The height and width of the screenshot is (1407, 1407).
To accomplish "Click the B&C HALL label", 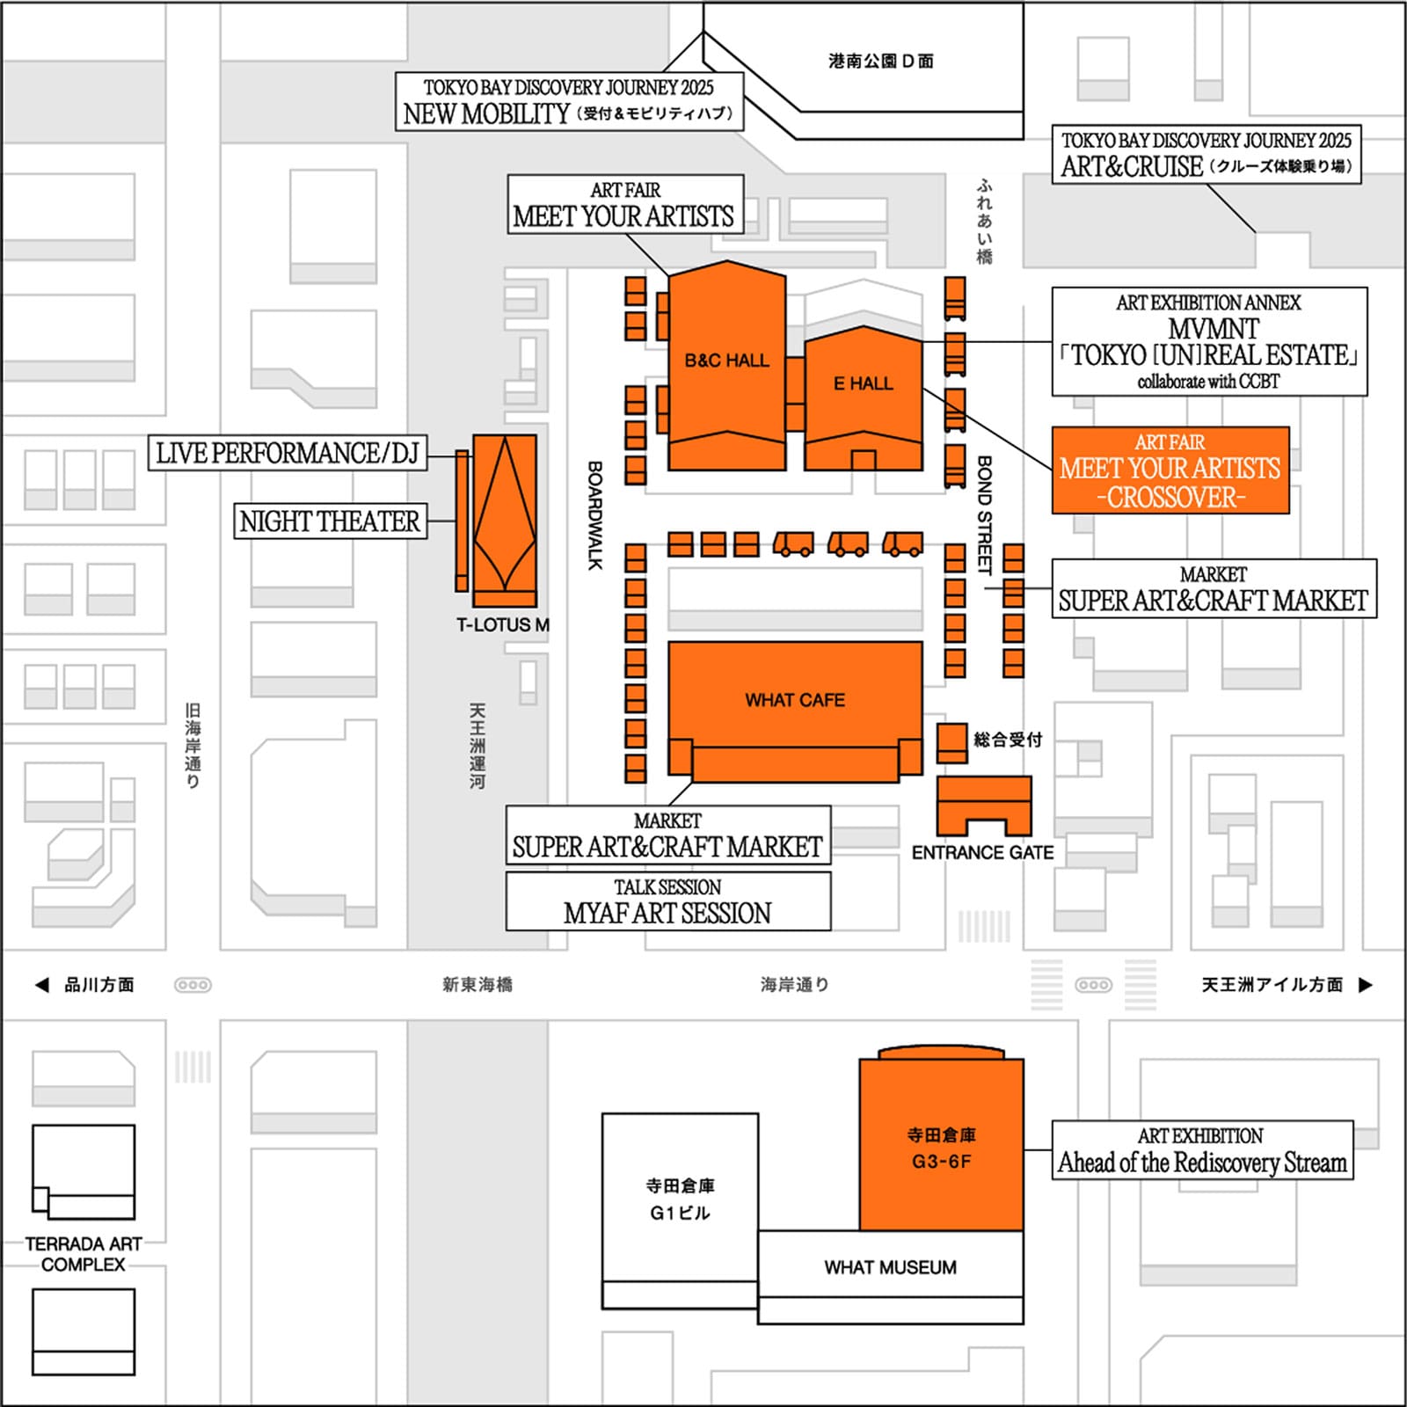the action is (x=726, y=361).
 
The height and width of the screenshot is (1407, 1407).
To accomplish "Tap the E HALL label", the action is (x=863, y=383).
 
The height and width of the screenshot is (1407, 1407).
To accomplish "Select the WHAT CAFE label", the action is (x=795, y=700).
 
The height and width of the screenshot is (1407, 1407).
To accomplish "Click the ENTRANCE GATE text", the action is (x=982, y=853).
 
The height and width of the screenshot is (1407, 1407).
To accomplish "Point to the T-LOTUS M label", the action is (x=503, y=625).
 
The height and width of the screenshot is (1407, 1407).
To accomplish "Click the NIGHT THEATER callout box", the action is (x=330, y=521).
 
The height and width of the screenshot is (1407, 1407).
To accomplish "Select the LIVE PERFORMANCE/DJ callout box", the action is (x=288, y=453).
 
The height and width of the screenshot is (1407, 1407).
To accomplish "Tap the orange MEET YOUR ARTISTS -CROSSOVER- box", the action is (x=1170, y=470).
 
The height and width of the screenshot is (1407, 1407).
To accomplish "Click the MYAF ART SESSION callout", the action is (x=668, y=901).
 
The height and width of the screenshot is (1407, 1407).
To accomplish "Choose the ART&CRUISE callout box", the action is (x=1207, y=154).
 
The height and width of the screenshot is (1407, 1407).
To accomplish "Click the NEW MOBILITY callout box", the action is (x=569, y=101).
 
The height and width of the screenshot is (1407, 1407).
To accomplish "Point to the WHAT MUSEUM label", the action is (x=890, y=1267).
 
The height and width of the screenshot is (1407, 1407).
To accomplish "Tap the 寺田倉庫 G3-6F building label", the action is (x=941, y=1148).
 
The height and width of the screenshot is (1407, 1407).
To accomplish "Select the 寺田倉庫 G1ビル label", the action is (x=680, y=1199).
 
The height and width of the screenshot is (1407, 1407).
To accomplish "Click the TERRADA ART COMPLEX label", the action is (x=84, y=1254).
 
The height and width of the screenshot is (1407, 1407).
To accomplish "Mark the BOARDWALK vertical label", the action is (x=595, y=515).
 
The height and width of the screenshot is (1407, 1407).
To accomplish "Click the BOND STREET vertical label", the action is (x=985, y=515).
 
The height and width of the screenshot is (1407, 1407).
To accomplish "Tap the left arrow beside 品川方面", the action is (x=41, y=985).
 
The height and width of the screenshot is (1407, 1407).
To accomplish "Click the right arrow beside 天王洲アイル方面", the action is (x=1366, y=985).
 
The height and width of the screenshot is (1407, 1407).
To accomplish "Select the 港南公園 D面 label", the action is (x=881, y=61).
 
